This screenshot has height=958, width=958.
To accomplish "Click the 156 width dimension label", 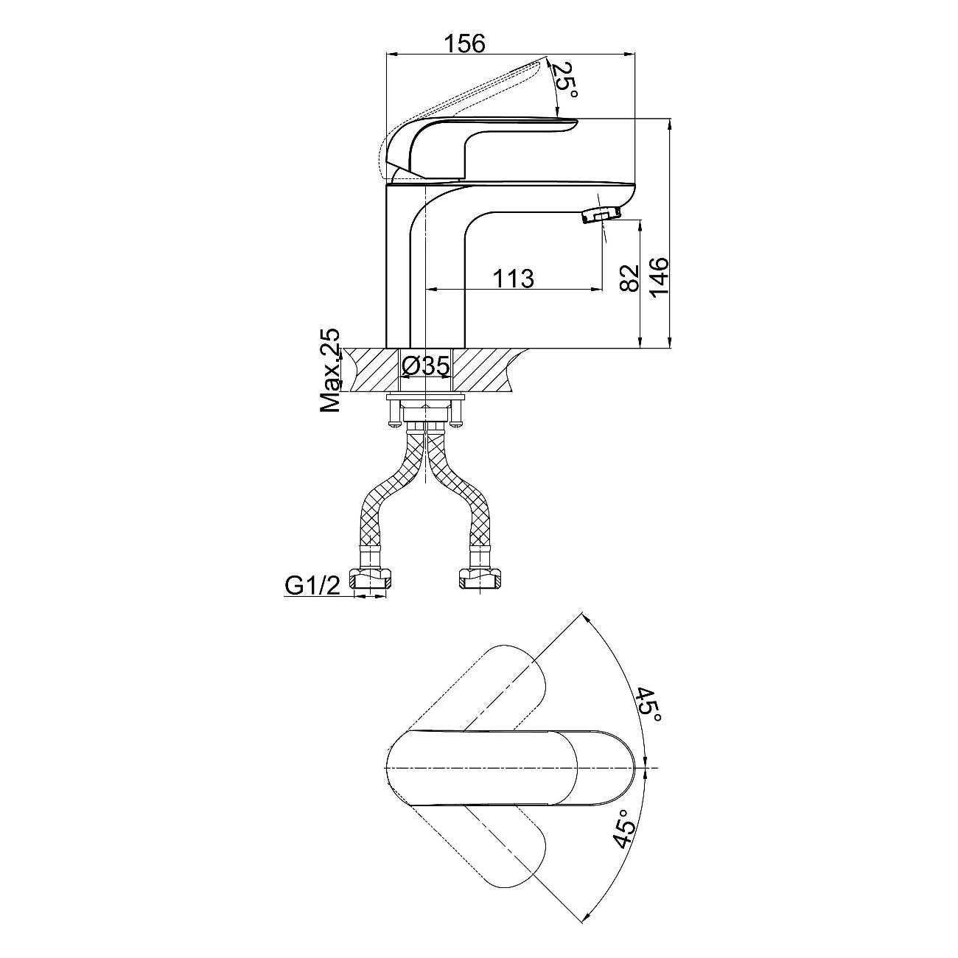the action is click(464, 43).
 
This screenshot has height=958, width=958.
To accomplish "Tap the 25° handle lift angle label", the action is click(567, 80).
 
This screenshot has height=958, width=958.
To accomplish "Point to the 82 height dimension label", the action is click(629, 278).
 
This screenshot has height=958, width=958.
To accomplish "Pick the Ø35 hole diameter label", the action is click(425, 366).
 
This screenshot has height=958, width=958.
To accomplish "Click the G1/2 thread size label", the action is click(312, 587).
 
